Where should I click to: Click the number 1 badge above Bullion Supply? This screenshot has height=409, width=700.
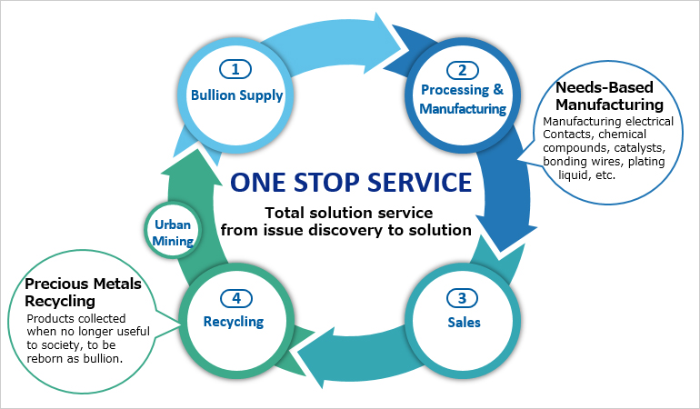[236, 70]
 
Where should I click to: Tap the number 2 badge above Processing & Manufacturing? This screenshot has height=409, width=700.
[463, 70]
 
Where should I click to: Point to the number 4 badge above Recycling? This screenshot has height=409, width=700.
[236, 297]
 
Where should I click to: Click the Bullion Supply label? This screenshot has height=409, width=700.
[236, 94]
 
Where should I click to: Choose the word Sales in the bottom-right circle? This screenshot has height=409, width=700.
[463, 322]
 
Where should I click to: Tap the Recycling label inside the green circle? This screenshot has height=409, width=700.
[235, 321]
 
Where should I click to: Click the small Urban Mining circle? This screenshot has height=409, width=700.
[173, 233]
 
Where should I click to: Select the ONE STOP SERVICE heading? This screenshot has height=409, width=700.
[350, 182]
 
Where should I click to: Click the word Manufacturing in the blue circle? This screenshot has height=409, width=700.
[463, 109]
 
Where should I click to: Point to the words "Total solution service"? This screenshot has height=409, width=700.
[348, 213]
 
